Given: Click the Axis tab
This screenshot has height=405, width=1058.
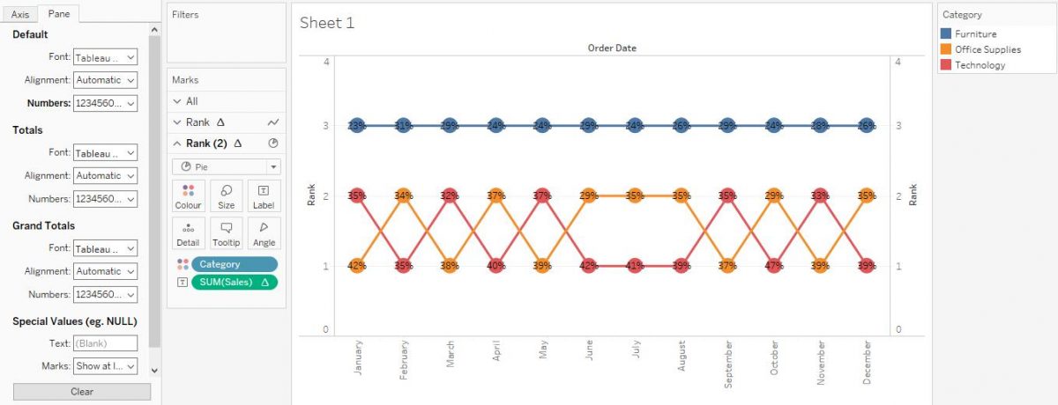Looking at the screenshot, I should [20, 14].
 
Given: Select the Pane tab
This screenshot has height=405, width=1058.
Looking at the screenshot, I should [59, 14].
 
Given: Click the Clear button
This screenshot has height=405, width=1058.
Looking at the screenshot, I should [82, 392].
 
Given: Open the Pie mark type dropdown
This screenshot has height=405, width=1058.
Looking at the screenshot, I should [226, 166].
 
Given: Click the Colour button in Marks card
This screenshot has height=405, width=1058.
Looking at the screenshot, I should [188, 195].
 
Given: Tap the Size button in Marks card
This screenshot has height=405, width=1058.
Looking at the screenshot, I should [227, 195].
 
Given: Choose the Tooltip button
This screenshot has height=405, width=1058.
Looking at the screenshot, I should [227, 232].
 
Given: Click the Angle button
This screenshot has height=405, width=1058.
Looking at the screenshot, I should [264, 232].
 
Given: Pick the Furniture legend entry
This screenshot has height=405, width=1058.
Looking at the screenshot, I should [975, 33].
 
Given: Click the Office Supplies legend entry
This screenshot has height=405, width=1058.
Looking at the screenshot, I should [987, 49].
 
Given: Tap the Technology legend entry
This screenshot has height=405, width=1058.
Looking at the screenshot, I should [980, 65].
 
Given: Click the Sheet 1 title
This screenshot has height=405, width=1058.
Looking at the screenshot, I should [327, 23].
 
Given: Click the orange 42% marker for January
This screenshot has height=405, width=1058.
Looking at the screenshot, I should [357, 265].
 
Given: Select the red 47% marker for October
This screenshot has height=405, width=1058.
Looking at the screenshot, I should [774, 265].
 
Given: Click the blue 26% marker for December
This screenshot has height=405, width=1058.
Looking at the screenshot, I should [867, 126].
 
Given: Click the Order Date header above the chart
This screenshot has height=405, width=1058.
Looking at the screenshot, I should [612, 48].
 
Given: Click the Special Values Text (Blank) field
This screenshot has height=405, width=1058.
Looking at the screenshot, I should [105, 343].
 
